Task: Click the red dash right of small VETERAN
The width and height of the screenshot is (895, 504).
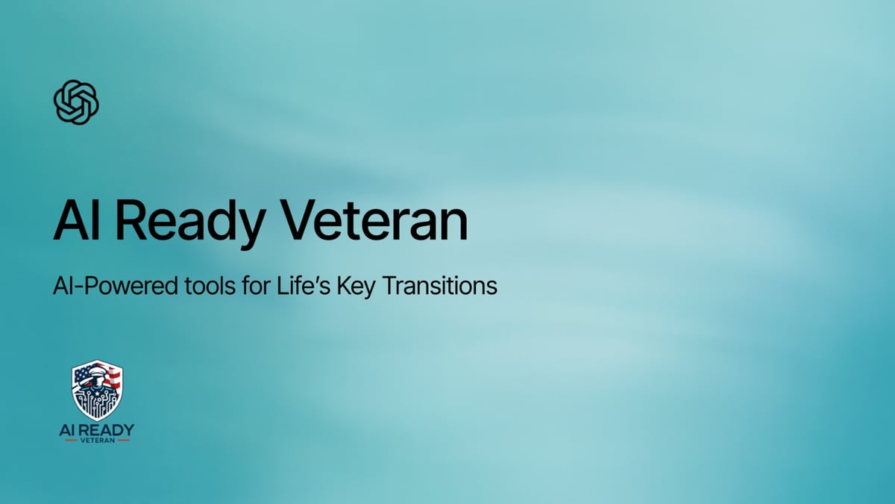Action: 123,441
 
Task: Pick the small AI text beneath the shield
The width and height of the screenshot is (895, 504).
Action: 66,429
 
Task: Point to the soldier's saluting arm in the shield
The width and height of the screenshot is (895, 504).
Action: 83,382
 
